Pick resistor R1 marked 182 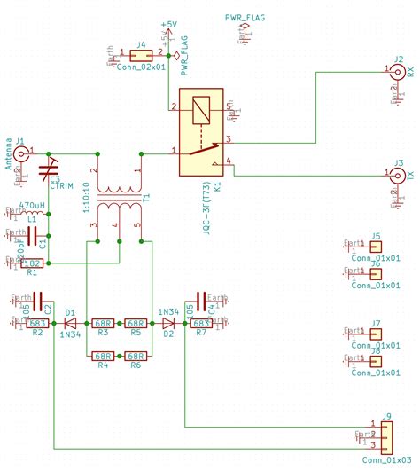(x=32, y=263)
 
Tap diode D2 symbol (x=167, y=324)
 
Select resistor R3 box (x=103, y=324)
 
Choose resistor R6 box (x=135, y=355)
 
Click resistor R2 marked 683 (x=39, y=324)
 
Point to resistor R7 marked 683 (x=200, y=324)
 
